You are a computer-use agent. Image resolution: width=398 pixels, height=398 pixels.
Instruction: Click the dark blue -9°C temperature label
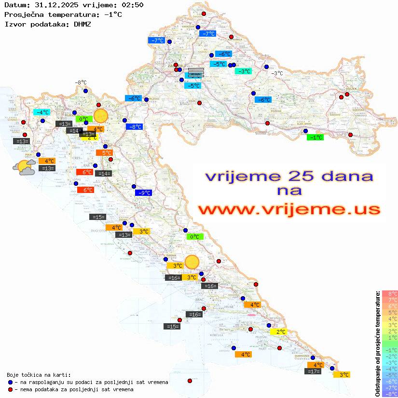pos(143,193)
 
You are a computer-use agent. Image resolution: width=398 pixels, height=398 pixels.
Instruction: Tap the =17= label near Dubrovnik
pos(313,371)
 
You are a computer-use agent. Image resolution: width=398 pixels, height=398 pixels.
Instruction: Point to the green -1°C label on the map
pos(316,137)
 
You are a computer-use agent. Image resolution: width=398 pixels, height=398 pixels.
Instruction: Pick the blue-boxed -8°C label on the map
pos(134,127)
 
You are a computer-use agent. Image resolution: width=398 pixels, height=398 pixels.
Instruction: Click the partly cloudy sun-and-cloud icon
pos(24,167)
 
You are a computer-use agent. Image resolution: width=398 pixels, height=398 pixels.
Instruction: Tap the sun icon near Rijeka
pos(101,116)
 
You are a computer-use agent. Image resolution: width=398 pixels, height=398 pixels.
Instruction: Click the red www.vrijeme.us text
pos(288,210)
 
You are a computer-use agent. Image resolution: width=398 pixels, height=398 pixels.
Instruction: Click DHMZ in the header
pos(82,24)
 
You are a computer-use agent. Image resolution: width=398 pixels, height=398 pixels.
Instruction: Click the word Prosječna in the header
pos(23,14)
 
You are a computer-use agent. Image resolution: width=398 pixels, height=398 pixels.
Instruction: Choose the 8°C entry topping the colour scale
pos(389,293)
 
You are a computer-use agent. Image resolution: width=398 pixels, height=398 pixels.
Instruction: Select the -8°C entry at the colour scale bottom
pos(389,394)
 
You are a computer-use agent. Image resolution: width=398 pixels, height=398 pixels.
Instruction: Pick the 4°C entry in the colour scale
pos(389,318)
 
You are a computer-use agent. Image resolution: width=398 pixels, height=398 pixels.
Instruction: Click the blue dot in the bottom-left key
pos(10,382)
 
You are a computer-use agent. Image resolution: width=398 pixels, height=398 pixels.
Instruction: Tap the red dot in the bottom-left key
pos(10,389)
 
